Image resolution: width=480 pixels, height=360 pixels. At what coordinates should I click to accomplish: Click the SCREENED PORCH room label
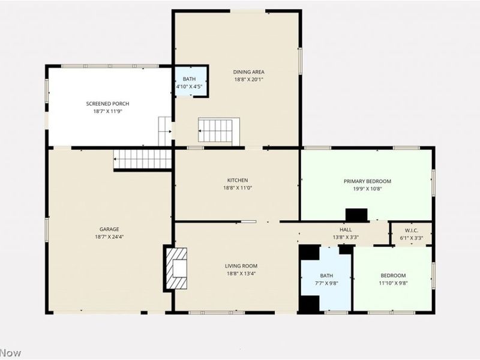108,104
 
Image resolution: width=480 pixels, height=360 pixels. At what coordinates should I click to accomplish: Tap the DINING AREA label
248,72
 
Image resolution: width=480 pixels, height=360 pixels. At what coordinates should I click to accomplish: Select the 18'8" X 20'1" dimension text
248,80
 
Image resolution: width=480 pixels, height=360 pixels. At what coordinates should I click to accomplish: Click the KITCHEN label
238,181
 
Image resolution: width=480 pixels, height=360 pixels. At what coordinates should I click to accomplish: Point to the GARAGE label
109,229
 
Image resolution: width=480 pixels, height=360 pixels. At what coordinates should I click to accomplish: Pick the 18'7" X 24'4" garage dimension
109,236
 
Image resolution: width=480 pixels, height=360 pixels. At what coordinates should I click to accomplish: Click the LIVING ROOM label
241,266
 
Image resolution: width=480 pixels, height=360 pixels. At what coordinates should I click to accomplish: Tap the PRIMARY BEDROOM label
367,181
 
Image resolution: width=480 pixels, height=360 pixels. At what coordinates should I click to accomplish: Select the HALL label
346,230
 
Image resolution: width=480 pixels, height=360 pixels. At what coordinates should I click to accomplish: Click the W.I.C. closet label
412,230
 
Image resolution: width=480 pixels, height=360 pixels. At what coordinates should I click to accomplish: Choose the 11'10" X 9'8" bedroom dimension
394,283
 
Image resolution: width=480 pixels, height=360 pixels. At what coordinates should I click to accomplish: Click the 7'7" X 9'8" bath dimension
326,283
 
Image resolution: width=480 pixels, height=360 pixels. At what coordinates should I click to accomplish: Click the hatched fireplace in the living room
176,268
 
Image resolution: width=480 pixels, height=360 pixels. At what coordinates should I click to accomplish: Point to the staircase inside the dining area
218,131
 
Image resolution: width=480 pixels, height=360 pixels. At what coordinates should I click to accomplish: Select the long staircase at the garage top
142,159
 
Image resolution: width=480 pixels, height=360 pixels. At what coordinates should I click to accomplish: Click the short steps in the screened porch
164,131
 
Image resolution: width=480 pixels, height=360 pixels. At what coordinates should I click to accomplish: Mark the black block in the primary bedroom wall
356,215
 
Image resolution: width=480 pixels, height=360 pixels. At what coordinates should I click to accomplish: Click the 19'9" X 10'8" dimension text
367,189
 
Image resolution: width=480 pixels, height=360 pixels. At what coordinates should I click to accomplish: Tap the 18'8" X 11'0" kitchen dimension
238,188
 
